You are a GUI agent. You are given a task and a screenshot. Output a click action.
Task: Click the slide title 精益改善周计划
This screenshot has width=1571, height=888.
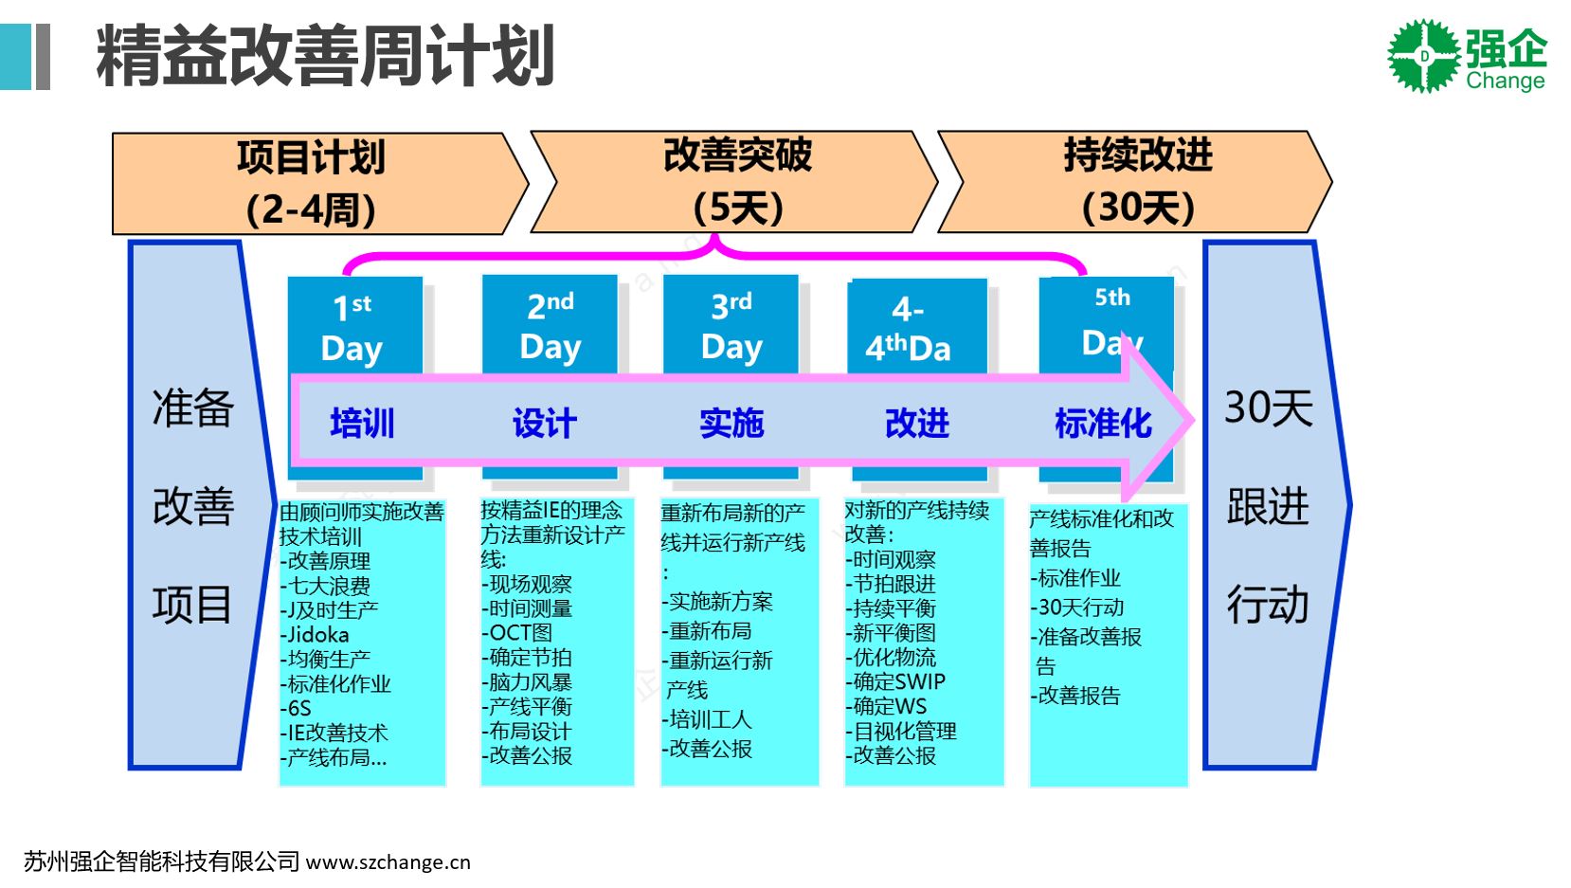[324, 57]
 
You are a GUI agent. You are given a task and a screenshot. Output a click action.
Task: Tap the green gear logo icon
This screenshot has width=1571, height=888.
[1423, 56]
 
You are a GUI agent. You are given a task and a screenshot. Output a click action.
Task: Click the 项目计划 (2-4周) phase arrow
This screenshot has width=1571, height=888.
[312, 183]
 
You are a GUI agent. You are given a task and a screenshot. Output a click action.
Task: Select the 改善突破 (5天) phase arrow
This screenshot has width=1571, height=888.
[737, 182]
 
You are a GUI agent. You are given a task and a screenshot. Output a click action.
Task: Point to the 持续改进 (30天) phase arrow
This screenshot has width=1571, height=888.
[1137, 182]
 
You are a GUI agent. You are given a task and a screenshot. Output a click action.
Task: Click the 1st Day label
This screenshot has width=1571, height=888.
[352, 327]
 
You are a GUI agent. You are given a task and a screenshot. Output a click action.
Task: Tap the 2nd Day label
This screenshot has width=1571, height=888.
[551, 325]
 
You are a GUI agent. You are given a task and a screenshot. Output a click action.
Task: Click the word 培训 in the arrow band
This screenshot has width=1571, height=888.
[362, 423]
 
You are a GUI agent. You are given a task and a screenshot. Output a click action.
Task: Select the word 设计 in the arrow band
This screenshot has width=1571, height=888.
[545, 423]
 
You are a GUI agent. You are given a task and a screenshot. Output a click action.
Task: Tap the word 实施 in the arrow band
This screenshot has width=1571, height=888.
[731, 423]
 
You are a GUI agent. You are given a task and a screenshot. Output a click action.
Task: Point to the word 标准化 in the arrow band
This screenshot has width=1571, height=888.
[1103, 423]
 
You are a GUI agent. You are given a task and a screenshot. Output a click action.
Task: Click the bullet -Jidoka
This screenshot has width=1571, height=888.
[315, 635]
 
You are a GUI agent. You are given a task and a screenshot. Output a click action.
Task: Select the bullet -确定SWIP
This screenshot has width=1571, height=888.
[895, 681]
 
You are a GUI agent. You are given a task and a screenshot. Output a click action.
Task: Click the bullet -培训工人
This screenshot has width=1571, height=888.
[706, 719]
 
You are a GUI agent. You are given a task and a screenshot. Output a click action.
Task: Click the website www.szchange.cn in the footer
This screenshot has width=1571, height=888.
[388, 862]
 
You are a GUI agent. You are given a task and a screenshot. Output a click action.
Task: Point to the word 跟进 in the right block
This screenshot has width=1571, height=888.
[1268, 506]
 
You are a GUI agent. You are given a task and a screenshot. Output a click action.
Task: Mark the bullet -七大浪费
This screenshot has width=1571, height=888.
[325, 586]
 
